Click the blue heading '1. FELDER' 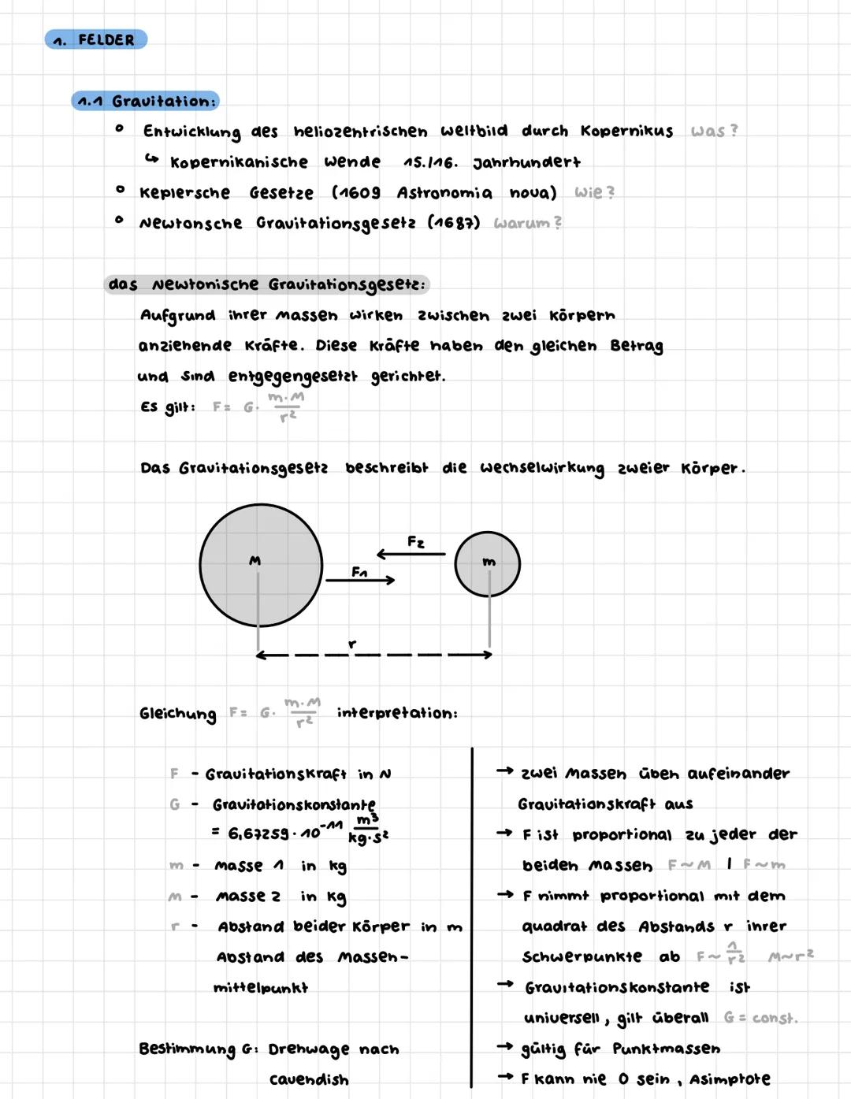click(x=96, y=39)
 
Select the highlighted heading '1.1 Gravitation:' click(x=146, y=101)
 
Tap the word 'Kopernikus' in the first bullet click(x=626, y=131)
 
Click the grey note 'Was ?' click(x=714, y=131)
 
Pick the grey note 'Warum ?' click(x=527, y=223)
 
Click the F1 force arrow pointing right click(x=360, y=580)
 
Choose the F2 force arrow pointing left click(x=411, y=554)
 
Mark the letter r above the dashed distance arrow click(x=352, y=644)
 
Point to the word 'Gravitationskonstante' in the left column click(x=294, y=804)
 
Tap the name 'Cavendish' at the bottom click(x=309, y=1079)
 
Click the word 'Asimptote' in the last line click(x=730, y=1079)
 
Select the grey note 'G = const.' click(x=760, y=1018)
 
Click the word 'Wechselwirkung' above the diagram click(x=542, y=468)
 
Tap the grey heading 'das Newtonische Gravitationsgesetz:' click(x=267, y=284)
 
